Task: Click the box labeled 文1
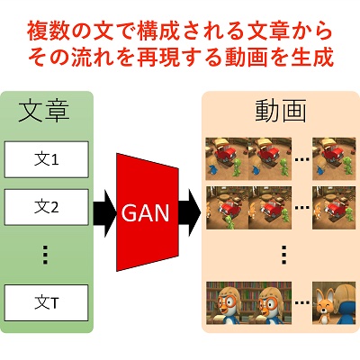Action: pos(46,159)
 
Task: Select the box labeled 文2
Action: pos(46,207)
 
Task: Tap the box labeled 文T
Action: pos(46,303)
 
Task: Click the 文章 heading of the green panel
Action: pos(44,112)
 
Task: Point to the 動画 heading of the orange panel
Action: pos(281,111)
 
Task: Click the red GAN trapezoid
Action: pos(148,212)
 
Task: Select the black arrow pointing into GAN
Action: pos(104,212)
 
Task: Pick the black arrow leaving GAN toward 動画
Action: pos(190,212)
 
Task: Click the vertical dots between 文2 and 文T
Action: pos(45,255)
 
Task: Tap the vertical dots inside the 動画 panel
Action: pos(284,255)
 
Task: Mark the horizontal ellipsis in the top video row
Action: pos(301,159)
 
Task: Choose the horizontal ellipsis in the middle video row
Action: pos(301,207)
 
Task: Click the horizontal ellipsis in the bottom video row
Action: pos(301,302)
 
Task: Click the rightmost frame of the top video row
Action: pos(334,159)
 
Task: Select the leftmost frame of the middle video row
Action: pos(227,208)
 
